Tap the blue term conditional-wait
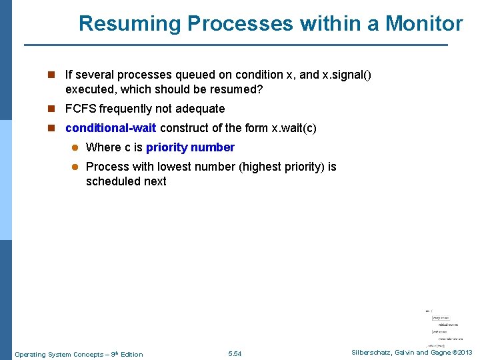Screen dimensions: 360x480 [x=111, y=128]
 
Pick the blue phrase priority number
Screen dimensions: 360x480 [x=190, y=147]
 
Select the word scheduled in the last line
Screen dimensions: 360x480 [x=112, y=181]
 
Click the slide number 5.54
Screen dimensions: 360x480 [x=235, y=354]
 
